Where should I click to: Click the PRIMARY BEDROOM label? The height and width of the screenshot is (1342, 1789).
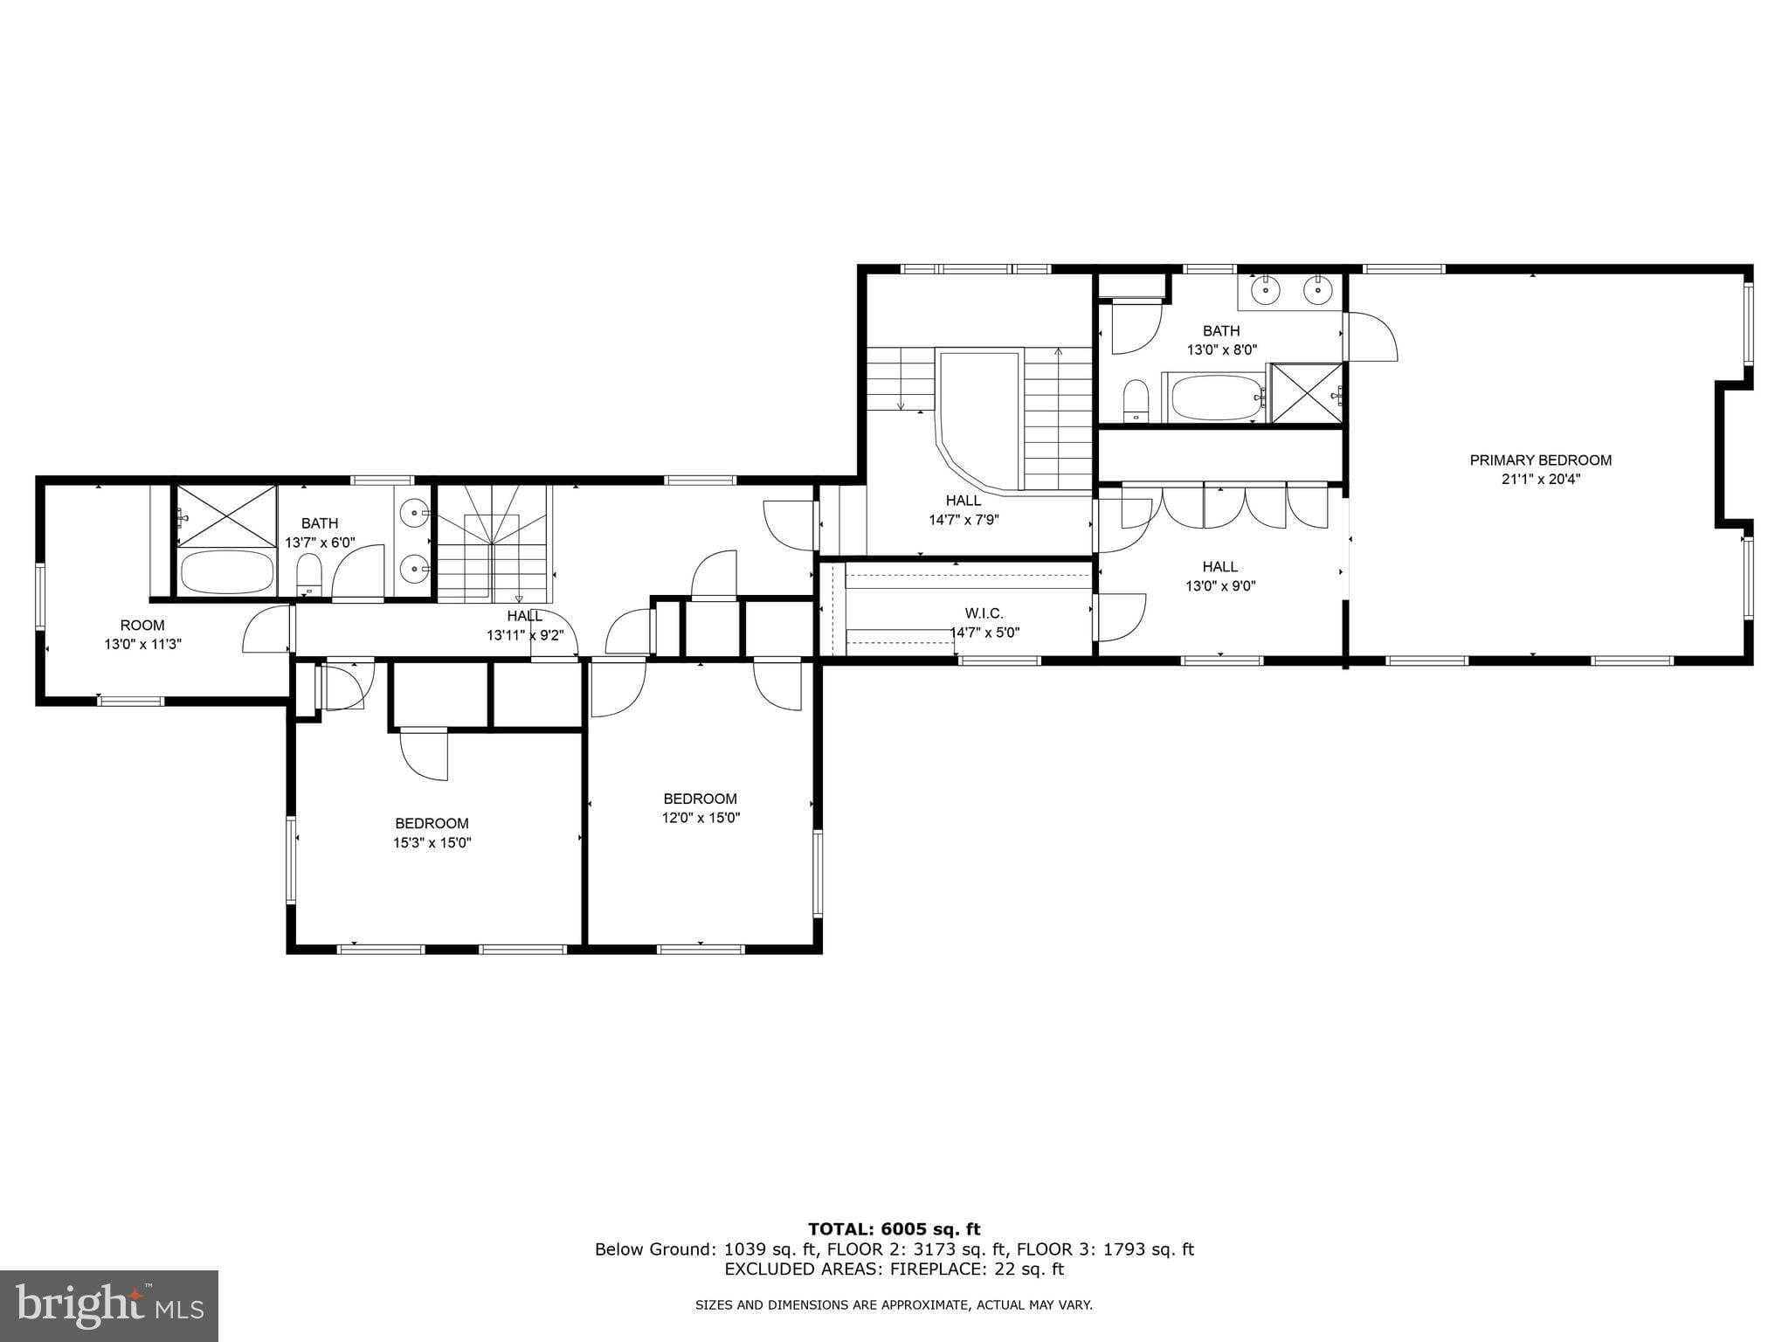coord(1540,460)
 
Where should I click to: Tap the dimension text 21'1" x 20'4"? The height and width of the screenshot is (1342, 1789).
coord(1540,480)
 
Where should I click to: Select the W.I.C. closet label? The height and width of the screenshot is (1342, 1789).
coord(984,613)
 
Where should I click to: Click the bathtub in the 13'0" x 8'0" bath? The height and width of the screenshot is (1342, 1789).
coord(1214,399)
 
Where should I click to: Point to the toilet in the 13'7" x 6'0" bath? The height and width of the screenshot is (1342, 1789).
coord(309,575)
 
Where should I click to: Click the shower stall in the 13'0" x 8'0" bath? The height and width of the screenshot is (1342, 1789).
coord(1306,393)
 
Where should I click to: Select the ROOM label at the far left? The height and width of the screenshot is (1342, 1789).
coord(142,626)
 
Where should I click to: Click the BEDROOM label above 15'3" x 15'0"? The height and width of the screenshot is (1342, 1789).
coord(432,824)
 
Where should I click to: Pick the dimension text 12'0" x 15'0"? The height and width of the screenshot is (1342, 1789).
coord(701,819)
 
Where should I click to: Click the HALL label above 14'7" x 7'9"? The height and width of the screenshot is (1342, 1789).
coord(963,501)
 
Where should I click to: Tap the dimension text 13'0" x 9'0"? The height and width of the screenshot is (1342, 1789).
coord(1220,586)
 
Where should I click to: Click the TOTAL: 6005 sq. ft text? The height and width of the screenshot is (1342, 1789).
coord(894,1230)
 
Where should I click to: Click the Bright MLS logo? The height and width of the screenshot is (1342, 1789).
coord(108,1305)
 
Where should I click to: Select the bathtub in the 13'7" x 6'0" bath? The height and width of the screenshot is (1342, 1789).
coord(226,572)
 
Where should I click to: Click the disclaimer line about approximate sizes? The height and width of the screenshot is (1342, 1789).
coord(894,1305)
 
